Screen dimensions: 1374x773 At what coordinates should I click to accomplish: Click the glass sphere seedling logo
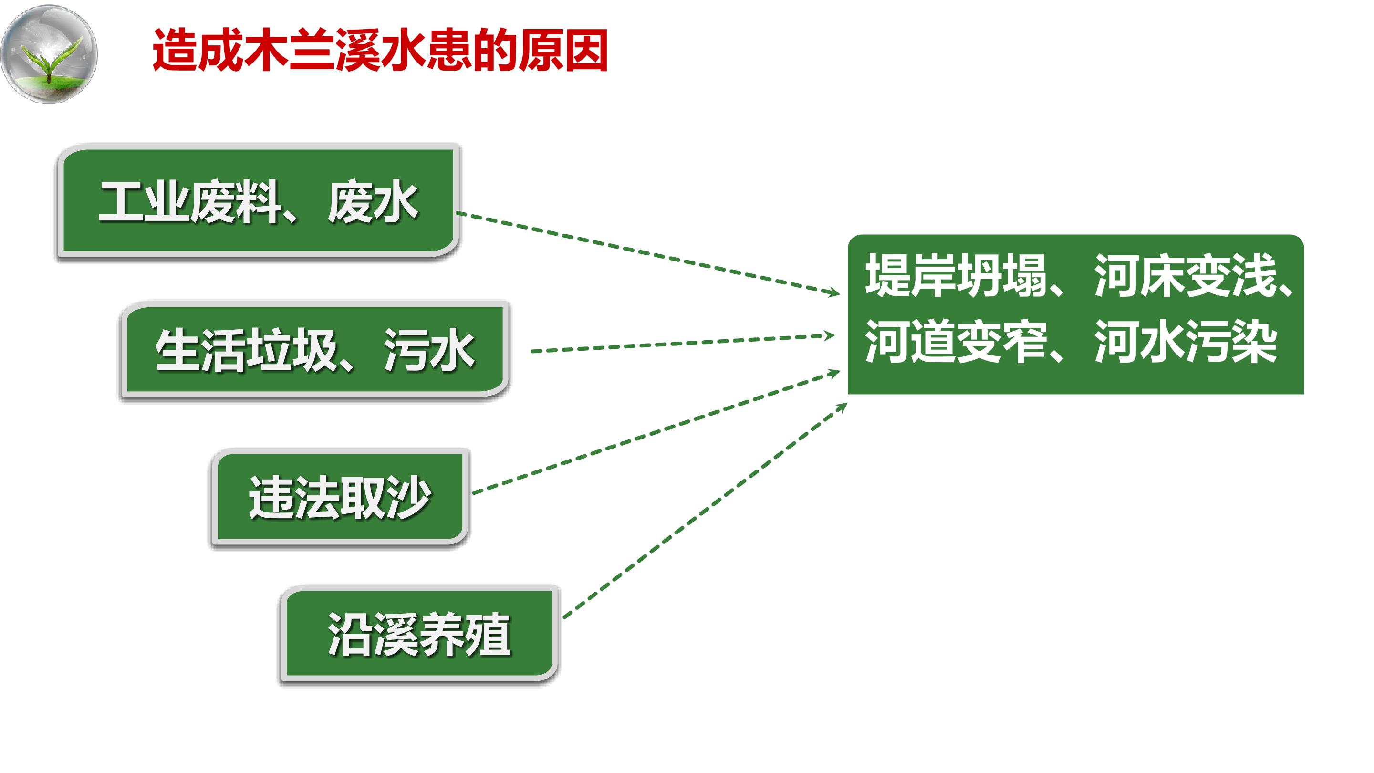49,53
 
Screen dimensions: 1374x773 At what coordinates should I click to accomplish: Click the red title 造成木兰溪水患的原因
380,51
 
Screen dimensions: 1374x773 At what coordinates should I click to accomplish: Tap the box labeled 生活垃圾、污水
315,350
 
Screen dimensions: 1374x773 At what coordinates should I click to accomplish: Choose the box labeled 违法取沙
340,497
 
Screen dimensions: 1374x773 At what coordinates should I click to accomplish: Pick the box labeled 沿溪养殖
419,634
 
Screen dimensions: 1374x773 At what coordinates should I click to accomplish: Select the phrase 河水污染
1186,342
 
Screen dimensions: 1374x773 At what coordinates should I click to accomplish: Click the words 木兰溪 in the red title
312,51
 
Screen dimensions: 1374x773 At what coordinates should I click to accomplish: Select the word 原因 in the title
563,51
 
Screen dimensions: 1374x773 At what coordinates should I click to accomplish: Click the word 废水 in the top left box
373,202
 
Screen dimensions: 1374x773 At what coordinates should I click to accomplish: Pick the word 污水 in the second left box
429,351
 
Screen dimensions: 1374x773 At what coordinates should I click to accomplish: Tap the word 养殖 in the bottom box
465,634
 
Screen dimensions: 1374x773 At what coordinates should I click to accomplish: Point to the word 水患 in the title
426,51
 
